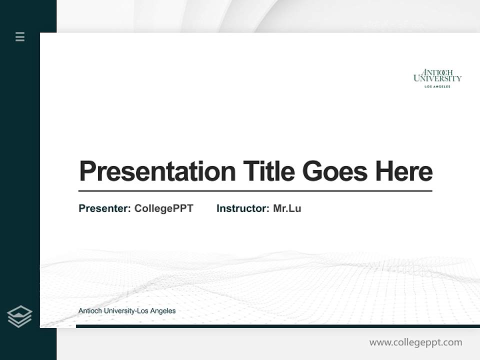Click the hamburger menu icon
click(20, 36)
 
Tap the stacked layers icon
click(19, 316)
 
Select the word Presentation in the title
click(157, 171)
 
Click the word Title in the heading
click(268, 171)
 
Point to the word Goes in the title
click(335, 171)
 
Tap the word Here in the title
click(404, 171)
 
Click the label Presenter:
click(104, 208)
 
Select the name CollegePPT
click(163, 208)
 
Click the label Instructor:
click(242, 208)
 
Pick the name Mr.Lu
click(287, 208)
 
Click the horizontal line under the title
click(255, 191)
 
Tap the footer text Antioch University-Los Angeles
click(127, 311)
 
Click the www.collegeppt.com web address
click(415, 342)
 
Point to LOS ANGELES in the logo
click(437, 86)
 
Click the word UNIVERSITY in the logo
click(437, 78)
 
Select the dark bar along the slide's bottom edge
click(277, 326)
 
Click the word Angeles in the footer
click(162, 311)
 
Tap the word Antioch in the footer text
click(90, 311)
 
